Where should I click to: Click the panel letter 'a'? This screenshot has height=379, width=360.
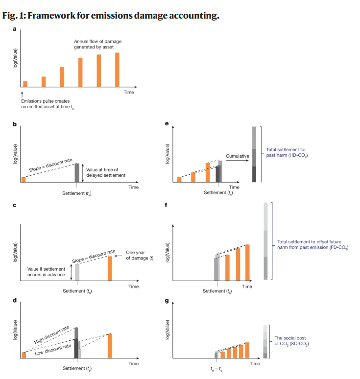pyautogui.click(x=15, y=30)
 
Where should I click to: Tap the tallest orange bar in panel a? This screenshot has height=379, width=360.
pyautogui.click(x=118, y=69)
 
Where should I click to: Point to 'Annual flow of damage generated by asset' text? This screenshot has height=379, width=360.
pyautogui.click(x=93, y=45)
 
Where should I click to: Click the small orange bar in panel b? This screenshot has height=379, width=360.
pyautogui.click(x=24, y=179)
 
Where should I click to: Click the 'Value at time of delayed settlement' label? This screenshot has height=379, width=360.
pyautogui.click(x=106, y=172)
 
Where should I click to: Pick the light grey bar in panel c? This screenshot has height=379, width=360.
pyautogui.click(x=77, y=272)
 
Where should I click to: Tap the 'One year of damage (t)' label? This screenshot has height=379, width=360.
pyautogui.click(x=140, y=255)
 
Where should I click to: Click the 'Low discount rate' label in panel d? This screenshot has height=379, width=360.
pyautogui.click(x=52, y=348)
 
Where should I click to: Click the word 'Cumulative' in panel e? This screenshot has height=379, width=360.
pyautogui.click(x=238, y=156)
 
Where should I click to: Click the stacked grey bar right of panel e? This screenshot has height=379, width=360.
pyautogui.click(x=254, y=154)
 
